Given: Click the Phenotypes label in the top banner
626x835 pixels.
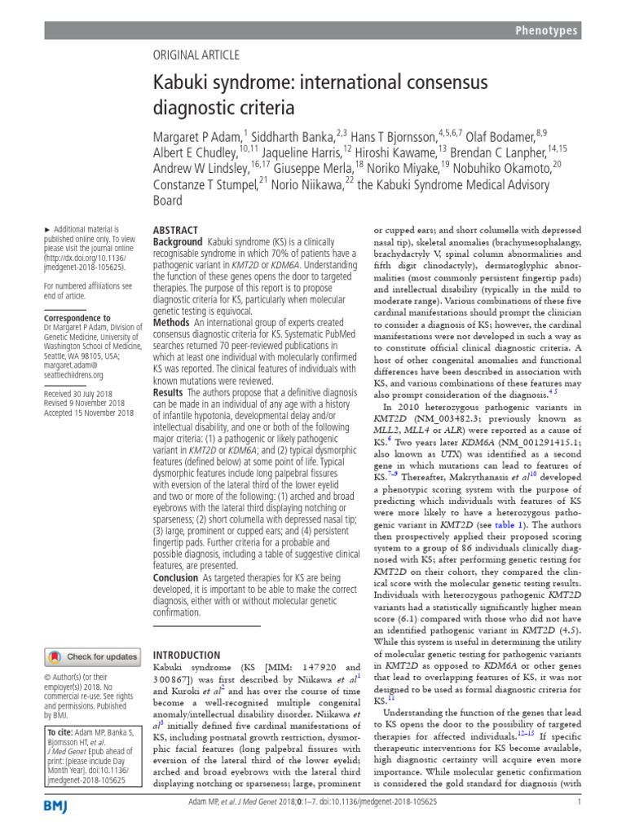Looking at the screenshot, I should (546, 31).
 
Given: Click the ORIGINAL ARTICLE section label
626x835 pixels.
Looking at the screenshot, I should (196, 55).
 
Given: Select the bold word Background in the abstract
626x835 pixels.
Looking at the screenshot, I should (178, 242).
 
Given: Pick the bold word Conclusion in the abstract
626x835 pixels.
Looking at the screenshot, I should (176, 578).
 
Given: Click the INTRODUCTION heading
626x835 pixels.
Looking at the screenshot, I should (187, 654).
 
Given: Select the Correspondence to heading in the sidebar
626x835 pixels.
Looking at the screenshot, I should (77, 318).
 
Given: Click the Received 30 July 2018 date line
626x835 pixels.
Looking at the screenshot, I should (84, 391).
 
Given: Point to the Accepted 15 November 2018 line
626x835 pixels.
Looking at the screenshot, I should (89, 413).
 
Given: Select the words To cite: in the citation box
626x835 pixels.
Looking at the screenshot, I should (60, 734).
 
